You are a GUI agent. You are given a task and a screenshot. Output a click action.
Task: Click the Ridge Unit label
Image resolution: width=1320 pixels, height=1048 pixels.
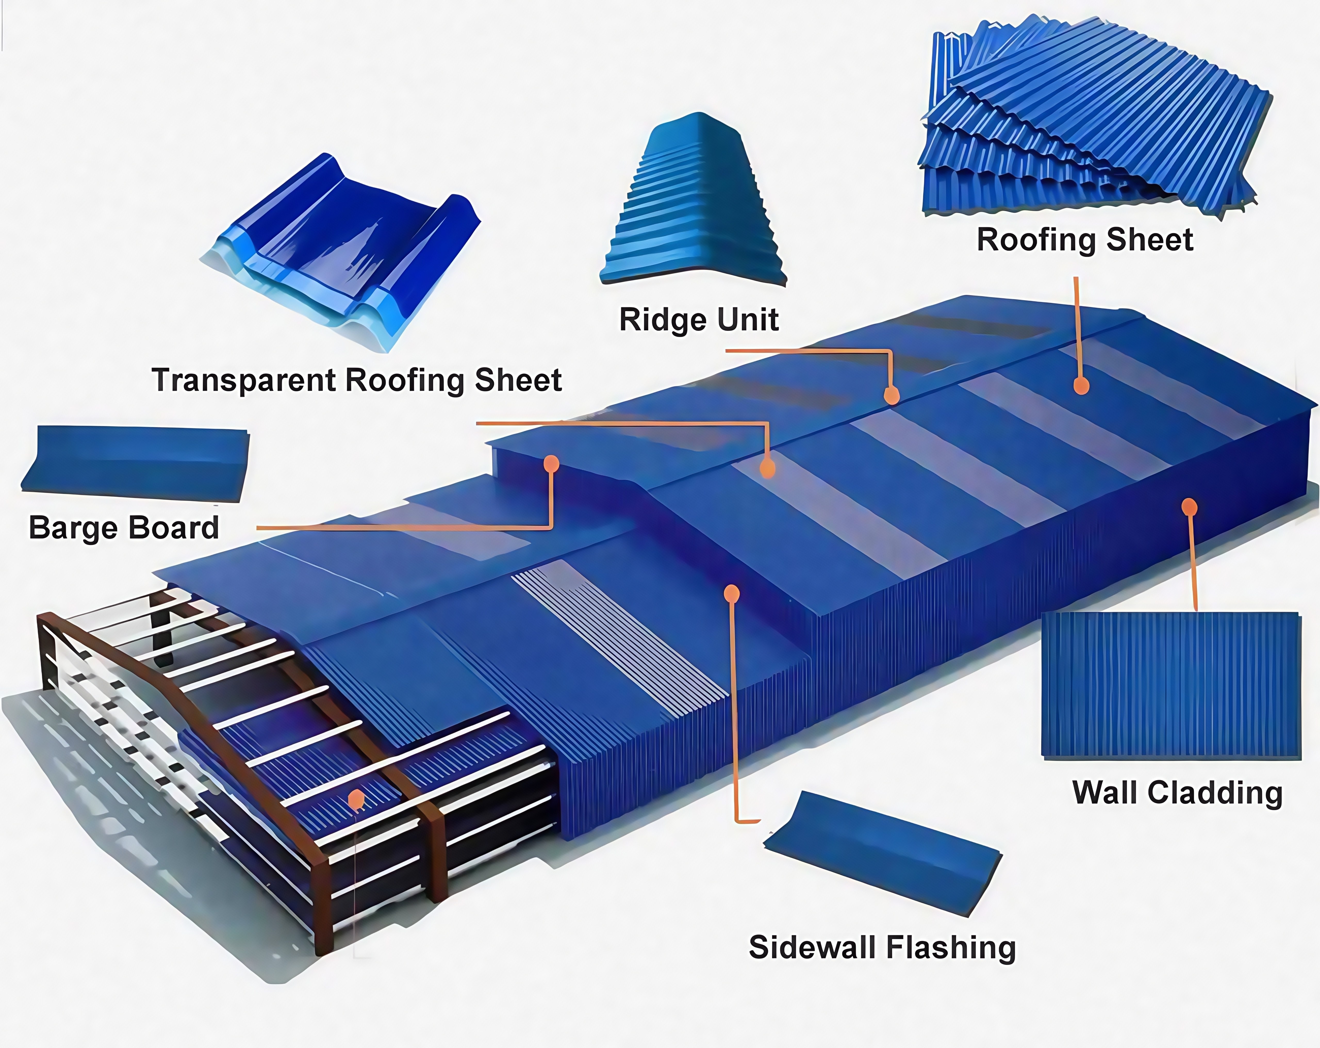(x=699, y=320)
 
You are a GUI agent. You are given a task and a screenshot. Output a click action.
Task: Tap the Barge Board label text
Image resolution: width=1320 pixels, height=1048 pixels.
(x=124, y=528)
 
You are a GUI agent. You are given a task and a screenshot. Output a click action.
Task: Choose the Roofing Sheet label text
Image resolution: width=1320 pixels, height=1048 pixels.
(x=1084, y=240)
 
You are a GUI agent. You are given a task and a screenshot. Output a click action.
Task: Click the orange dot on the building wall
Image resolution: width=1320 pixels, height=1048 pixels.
(x=1189, y=507)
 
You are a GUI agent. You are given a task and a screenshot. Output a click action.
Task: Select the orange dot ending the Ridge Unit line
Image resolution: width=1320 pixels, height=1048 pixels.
(x=892, y=395)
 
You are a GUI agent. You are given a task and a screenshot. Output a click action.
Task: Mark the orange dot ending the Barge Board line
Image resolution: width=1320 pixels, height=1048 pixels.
(x=551, y=464)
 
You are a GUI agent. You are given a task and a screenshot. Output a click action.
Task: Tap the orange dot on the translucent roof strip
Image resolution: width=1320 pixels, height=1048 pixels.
(x=767, y=469)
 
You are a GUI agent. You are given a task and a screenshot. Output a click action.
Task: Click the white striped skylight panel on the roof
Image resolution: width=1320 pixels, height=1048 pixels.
(x=618, y=637)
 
